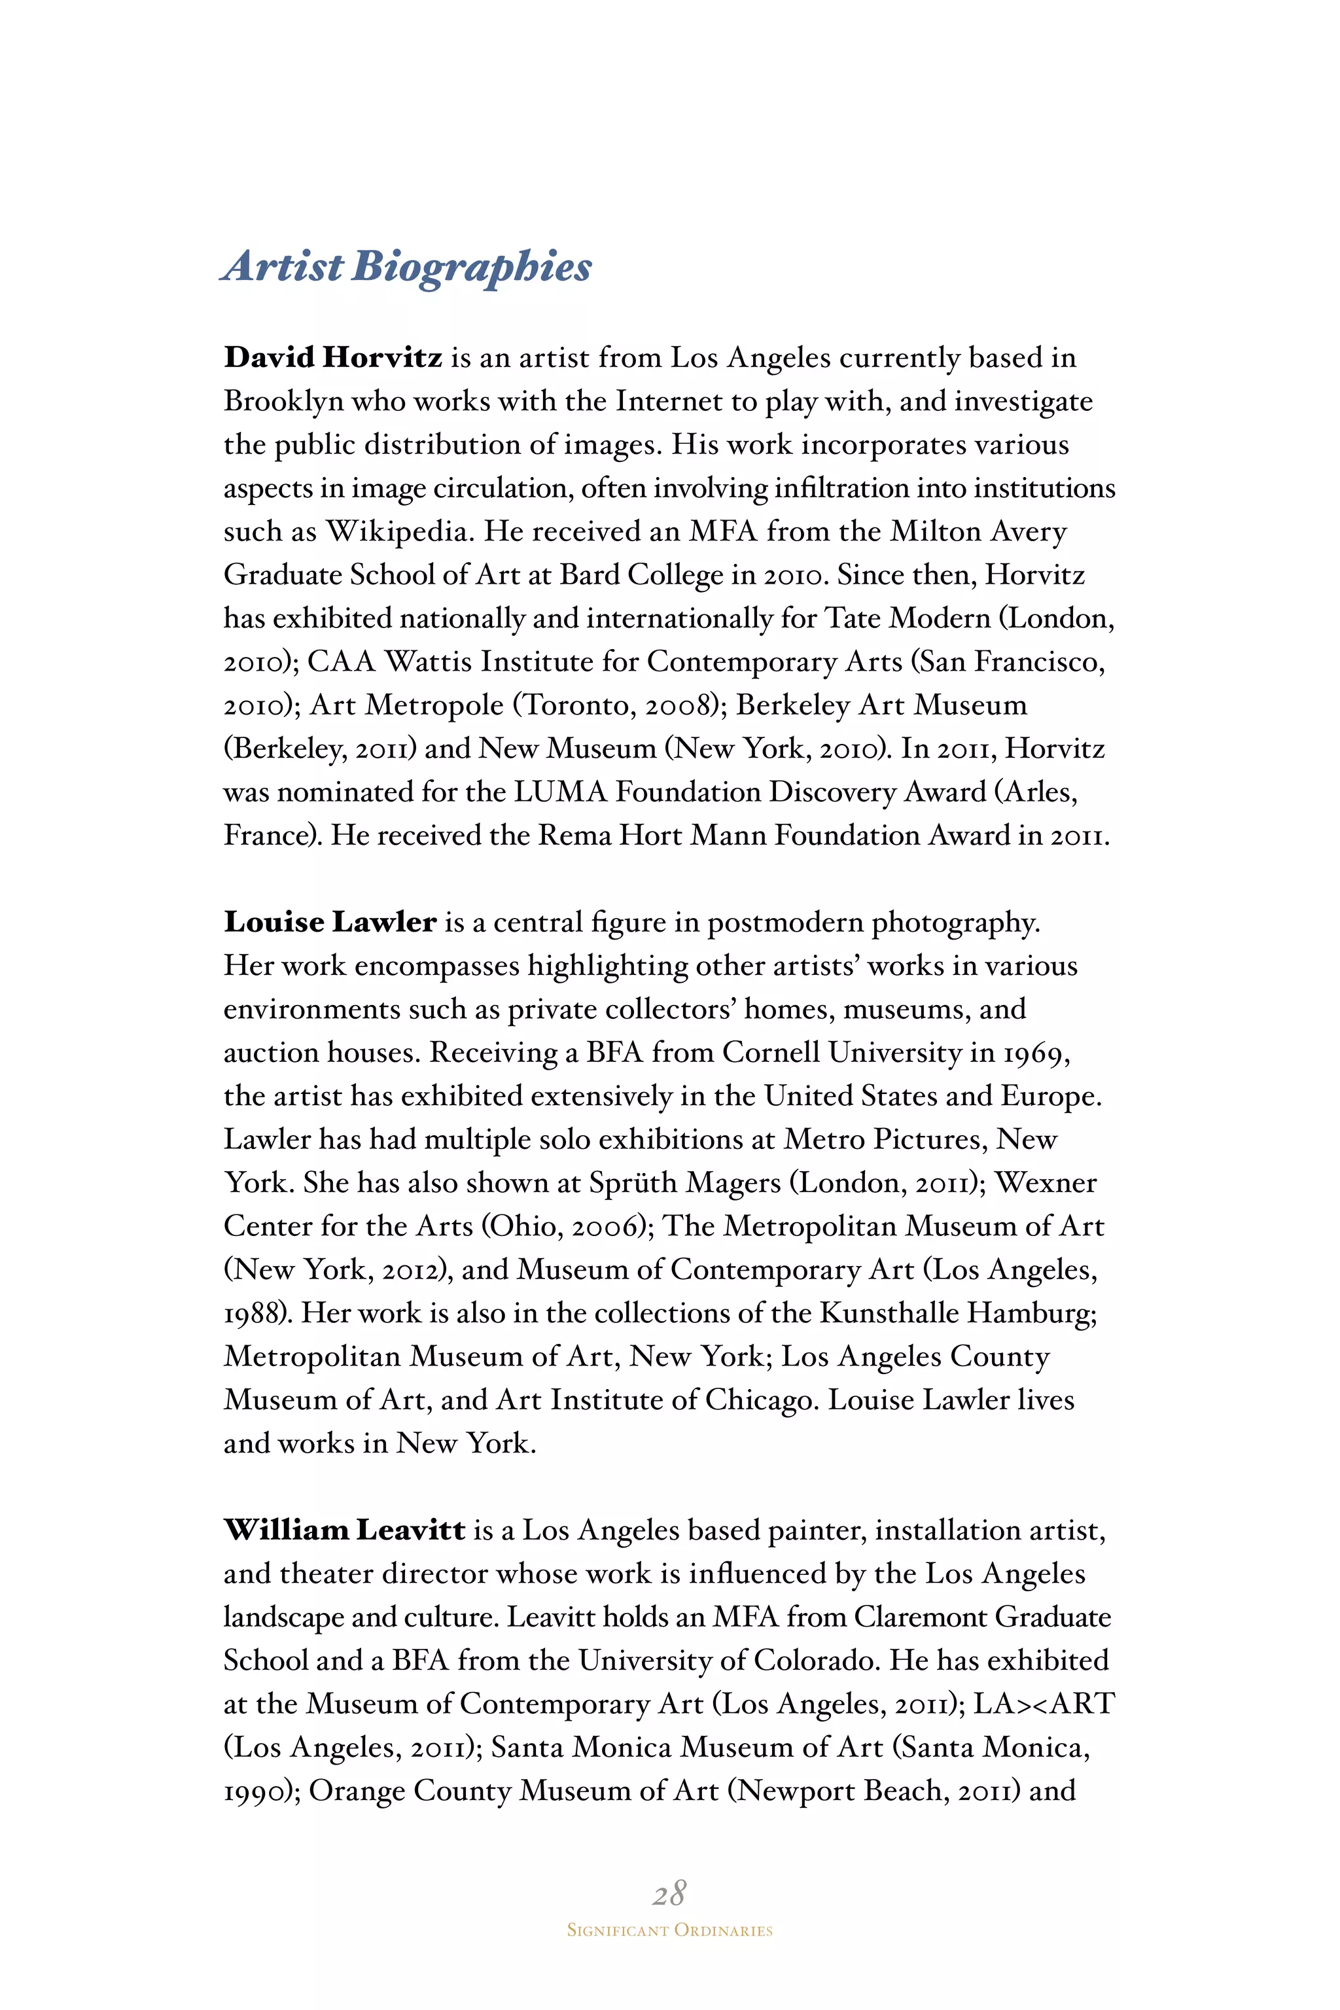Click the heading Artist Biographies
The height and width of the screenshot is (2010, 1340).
(407, 267)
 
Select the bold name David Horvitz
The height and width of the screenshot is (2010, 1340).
(332, 358)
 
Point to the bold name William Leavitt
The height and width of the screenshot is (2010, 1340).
(344, 1530)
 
